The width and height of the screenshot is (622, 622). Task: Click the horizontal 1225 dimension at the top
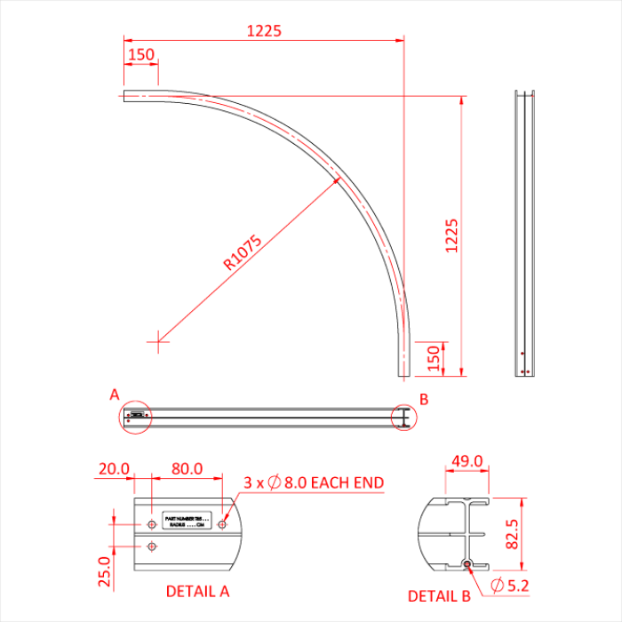264,30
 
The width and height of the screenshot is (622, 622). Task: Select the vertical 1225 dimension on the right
451,235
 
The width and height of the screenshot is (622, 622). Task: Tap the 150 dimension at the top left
140,54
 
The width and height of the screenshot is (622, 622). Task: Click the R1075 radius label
243,252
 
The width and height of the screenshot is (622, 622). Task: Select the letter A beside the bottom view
114,393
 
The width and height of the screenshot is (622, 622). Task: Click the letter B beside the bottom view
424,399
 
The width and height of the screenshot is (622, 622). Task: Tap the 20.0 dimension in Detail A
114,468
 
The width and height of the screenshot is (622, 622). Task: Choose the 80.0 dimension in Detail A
187,468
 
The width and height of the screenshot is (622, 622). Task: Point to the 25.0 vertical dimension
106,572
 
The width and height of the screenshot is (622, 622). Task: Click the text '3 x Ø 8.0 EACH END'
314,482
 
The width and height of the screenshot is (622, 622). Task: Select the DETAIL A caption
197,590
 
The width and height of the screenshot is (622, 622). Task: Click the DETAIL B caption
438,595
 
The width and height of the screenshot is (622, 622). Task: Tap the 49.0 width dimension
467,461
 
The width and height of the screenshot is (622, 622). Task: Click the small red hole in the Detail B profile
467,563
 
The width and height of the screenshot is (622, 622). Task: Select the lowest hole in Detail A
152,545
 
